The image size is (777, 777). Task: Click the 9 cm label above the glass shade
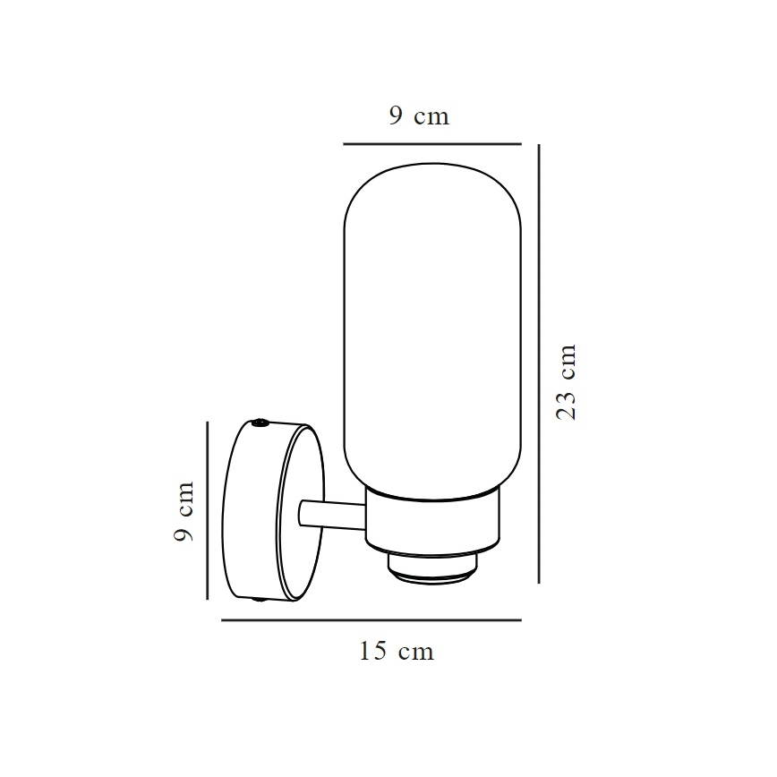coord(419,116)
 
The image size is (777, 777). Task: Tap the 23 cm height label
coord(567,382)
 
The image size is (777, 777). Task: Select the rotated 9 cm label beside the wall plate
coord(184,511)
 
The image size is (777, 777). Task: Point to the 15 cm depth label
coord(396,652)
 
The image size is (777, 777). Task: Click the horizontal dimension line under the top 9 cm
coord(432,143)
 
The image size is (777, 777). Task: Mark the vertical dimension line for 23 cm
coord(538,363)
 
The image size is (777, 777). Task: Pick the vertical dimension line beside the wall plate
coord(208,510)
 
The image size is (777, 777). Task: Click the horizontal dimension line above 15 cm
coord(371,619)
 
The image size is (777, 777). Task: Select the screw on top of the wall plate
coord(260,422)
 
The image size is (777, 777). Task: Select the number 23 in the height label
coord(567,406)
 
